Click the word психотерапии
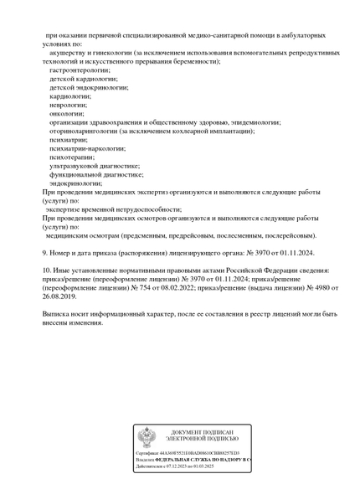(72, 156)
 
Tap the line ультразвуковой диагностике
(94, 165)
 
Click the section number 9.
(45, 252)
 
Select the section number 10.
(47, 270)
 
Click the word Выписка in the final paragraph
(57, 313)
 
